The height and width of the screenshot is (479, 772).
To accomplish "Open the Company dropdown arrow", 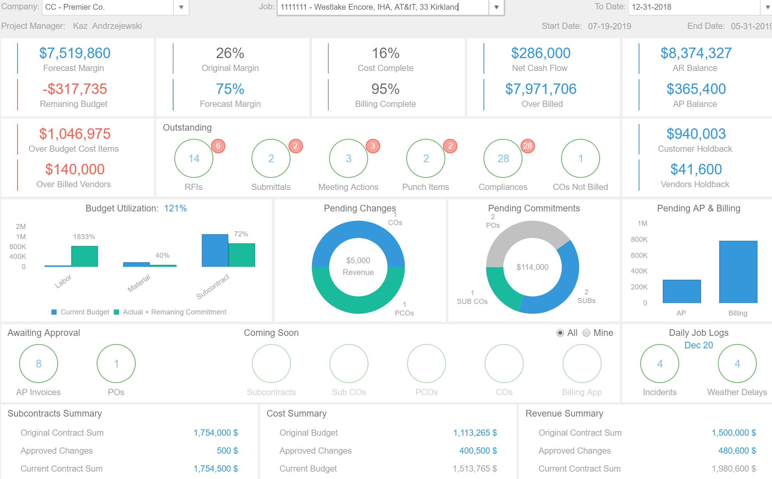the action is tap(181, 7).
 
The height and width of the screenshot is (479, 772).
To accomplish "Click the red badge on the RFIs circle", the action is tap(218, 146).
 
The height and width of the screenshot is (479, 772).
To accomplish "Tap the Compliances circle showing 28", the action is tap(503, 158).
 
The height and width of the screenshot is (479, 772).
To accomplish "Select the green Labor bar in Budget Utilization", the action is tap(84, 256).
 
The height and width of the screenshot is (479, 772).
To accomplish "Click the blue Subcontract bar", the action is tap(215, 250).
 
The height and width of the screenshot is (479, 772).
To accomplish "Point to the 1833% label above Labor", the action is tap(84, 237).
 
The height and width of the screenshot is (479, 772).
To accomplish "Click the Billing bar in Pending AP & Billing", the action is tap(738, 272).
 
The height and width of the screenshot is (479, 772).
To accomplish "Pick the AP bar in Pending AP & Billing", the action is tap(682, 291).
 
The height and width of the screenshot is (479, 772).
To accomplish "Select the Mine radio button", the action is tap(586, 333).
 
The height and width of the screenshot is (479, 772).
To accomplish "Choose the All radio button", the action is tap(560, 333).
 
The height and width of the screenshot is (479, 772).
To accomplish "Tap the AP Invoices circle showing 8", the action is tap(39, 364).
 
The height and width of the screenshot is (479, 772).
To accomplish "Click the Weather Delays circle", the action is tap(737, 364).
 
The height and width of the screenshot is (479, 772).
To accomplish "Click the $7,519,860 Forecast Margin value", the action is tap(75, 53).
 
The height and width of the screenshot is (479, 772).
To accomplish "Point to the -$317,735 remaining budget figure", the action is tap(75, 89).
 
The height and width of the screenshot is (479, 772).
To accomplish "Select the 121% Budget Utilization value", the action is tap(175, 208).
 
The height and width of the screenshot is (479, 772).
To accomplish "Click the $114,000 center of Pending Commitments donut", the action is tap(533, 267).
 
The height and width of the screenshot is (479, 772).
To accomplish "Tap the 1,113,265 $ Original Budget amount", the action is tap(475, 433).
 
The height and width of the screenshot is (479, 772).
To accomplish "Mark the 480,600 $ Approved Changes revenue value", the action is tap(737, 451).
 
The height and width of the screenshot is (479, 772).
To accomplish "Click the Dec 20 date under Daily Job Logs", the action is tap(699, 345).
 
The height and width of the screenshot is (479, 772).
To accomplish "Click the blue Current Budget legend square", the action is tap(54, 312).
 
